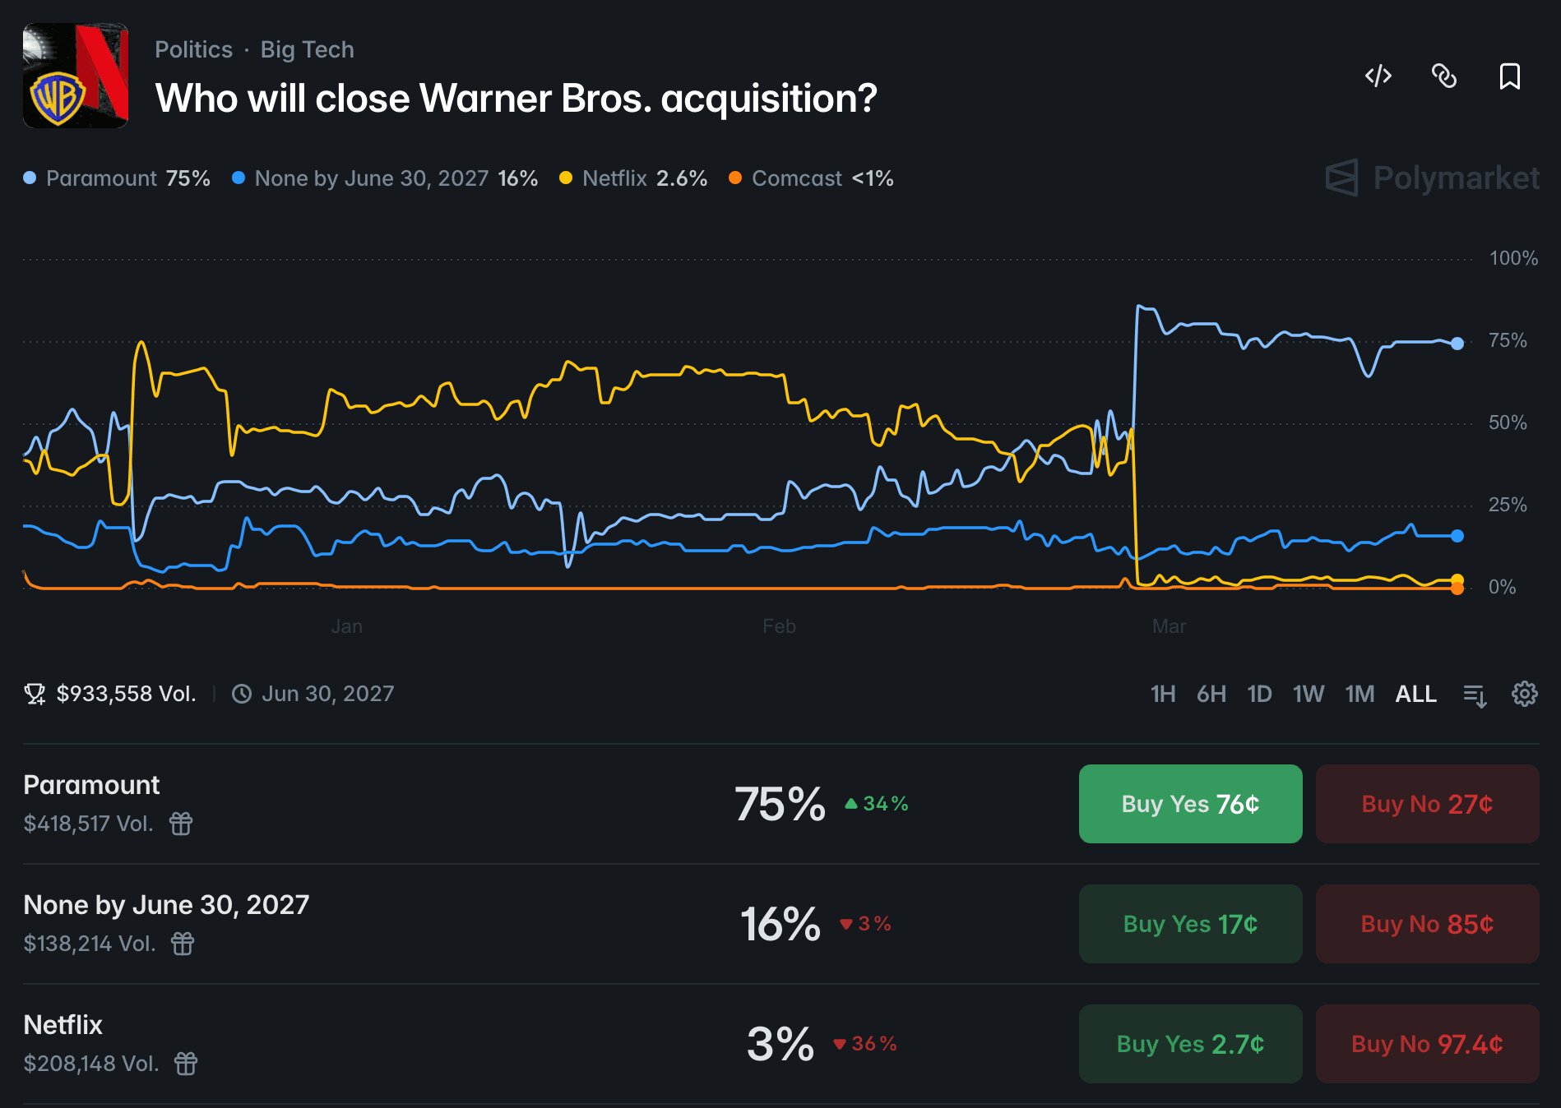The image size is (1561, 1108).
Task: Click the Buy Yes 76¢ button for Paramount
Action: coord(1190,804)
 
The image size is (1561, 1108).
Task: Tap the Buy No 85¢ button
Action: coord(1427,924)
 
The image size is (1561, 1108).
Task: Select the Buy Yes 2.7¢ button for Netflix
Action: coord(1190,1044)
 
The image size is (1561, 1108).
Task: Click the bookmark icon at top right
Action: coord(1509,76)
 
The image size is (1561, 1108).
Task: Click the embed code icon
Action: coord(1378,76)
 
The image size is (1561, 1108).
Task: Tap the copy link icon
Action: coord(1444,76)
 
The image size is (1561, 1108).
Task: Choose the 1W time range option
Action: coord(1308,694)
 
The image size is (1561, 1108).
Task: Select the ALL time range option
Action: coord(1415,694)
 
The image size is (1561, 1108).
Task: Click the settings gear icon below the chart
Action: coord(1524,694)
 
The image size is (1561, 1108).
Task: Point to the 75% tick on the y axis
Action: coord(1507,340)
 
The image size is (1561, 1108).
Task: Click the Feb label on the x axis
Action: coord(779,626)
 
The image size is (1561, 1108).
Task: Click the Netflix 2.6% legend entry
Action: coord(633,178)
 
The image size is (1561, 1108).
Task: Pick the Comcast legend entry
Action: coord(811,178)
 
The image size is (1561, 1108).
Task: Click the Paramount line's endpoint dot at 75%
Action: coord(1457,344)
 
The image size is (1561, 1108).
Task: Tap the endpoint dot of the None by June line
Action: coord(1457,536)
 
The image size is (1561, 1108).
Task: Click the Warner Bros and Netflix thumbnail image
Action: coord(76,76)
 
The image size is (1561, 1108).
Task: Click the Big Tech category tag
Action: coord(307,49)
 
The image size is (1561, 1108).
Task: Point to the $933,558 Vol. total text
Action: coord(125,694)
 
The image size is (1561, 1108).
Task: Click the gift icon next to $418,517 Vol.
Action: coord(181,823)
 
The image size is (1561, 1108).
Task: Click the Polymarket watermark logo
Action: coord(1432,178)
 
